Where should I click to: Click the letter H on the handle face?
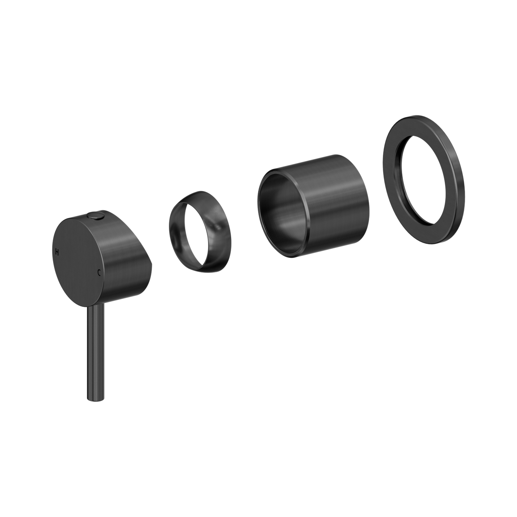tap(56, 252)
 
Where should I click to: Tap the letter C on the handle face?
tap(99, 273)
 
